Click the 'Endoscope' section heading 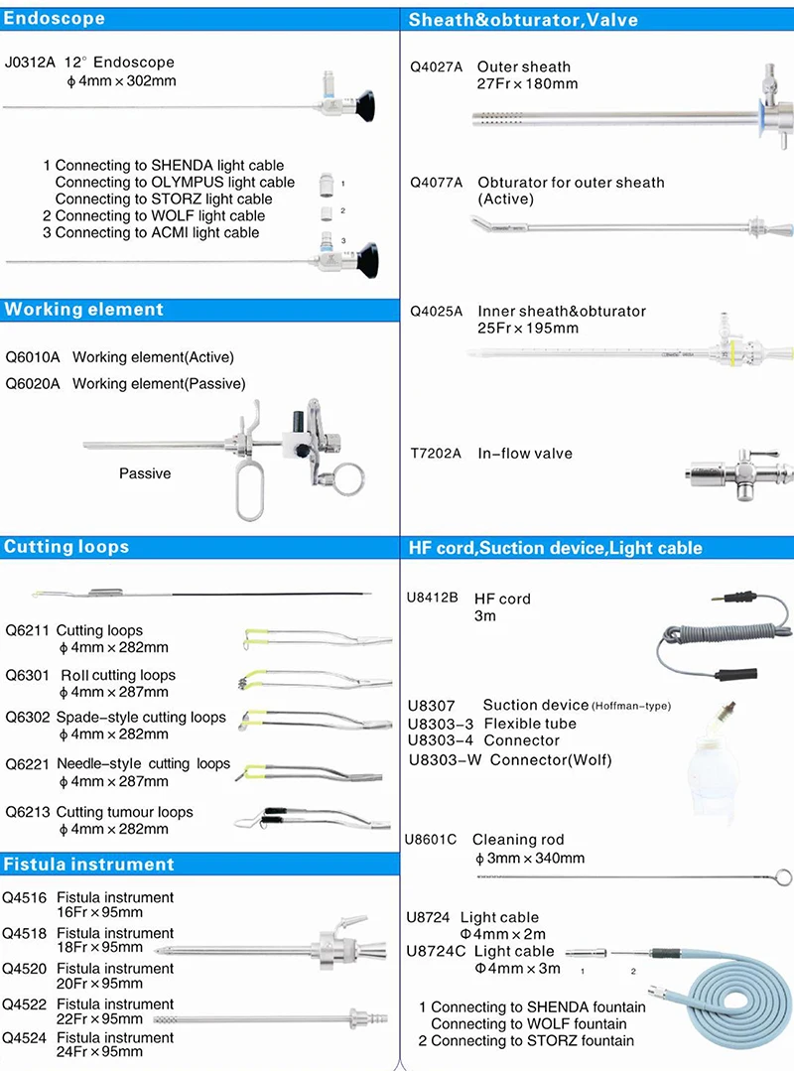pyautogui.click(x=55, y=19)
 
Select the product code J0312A pyautogui.click(x=31, y=62)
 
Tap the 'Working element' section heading pyautogui.click(x=83, y=310)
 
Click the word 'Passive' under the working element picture pyautogui.click(x=145, y=473)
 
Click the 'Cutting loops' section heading pyautogui.click(x=66, y=547)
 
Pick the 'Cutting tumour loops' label pyautogui.click(x=125, y=812)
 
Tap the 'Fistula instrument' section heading pyautogui.click(x=88, y=865)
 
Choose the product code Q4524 pyautogui.click(x=24, y=1038)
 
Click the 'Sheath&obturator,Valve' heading pyautogui.click(x=523, y=19)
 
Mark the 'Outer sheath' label pyautogui.click(x=524, y=67)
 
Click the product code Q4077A pyautogui.click(x=437, y=183)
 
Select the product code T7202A pyautogui.click(x=437, y=454)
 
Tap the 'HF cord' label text pyautogui.click(x=502, y=599)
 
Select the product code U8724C pyautogui.click(x=436, y=951)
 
